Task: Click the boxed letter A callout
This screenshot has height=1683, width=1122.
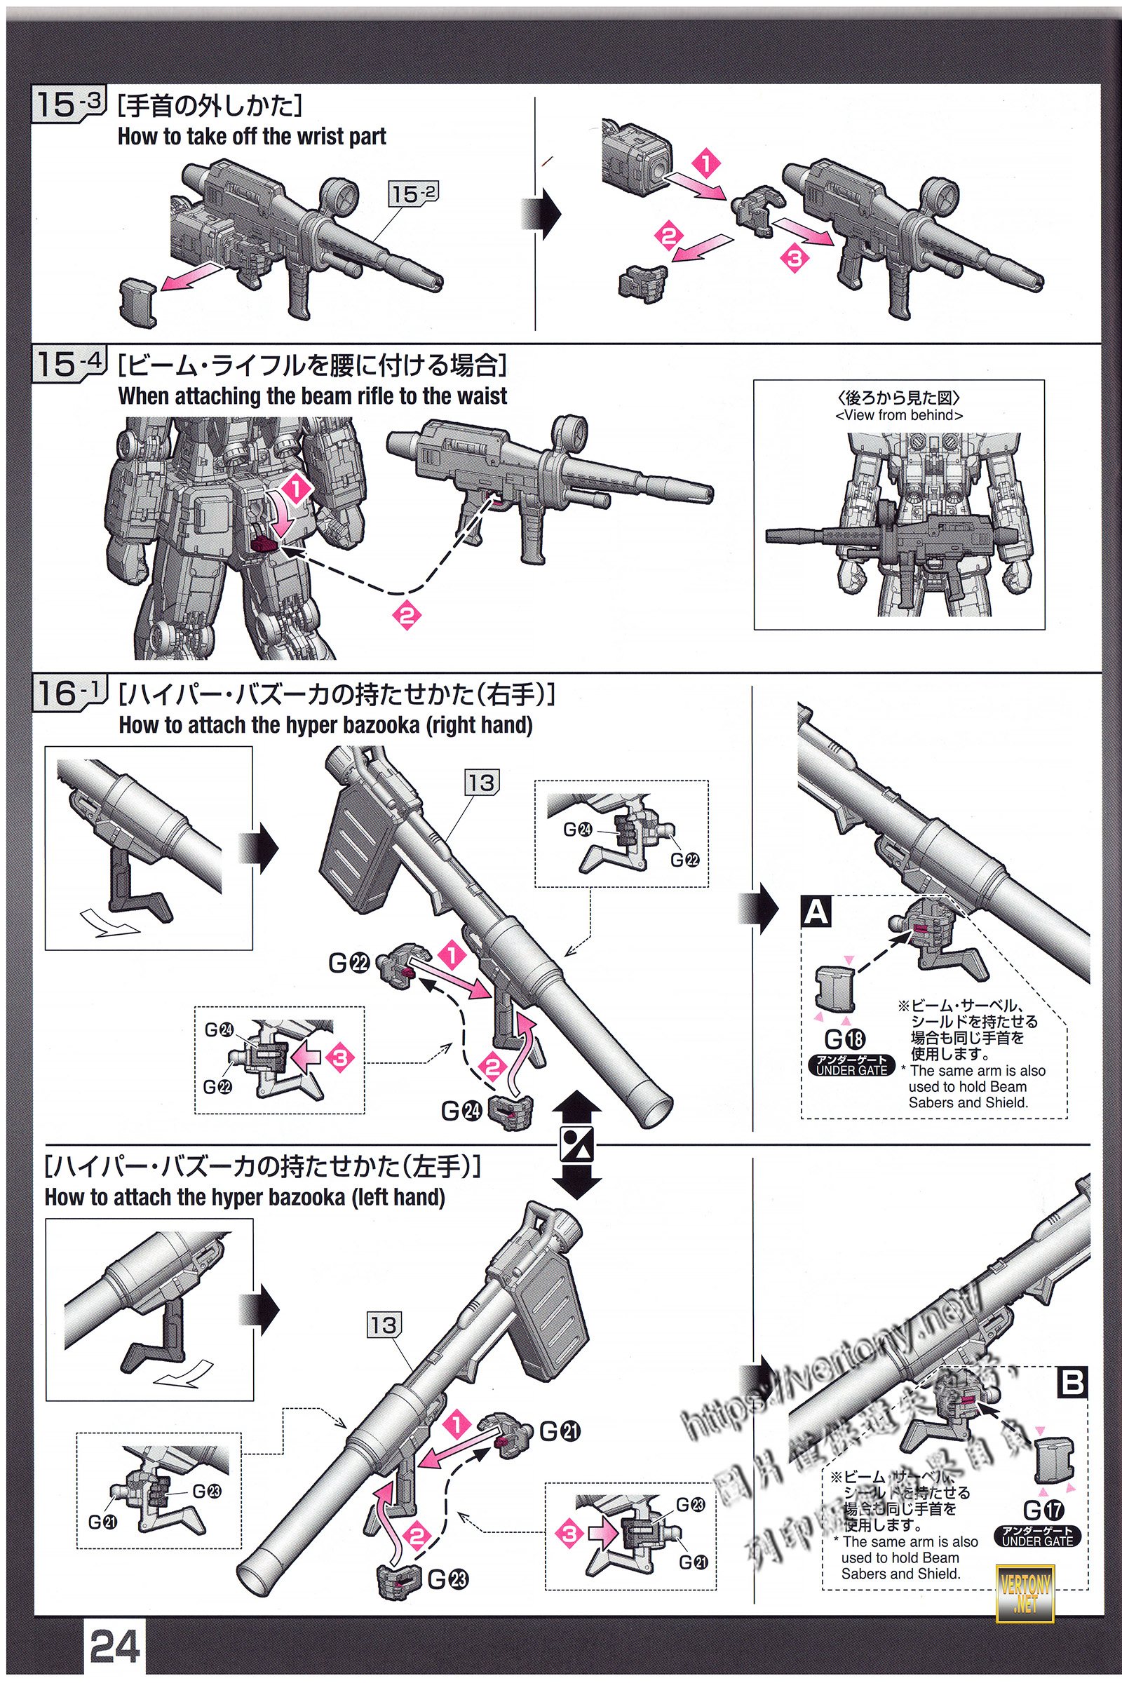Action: (x=816, y=912)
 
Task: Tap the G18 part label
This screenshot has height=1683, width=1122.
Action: (x=845, y=1039)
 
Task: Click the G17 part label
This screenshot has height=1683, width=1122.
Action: (x=1043, y=1510)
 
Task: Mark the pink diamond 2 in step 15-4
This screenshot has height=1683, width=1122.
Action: (x=407, y=615)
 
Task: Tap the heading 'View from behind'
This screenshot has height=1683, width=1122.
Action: (x=899, y=415)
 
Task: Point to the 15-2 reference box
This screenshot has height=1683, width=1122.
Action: (x=413, y=194)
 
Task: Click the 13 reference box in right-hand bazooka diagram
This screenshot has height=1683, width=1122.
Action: (x=482, y=783)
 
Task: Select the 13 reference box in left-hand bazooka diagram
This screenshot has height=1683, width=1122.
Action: (x=384, y=1325)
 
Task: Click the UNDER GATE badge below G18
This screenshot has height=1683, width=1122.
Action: (x=851, y=1065)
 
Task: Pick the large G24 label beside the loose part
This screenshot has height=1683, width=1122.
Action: (x=461, y=1111)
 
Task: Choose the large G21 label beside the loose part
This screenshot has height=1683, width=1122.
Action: (x=560, y=1431)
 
